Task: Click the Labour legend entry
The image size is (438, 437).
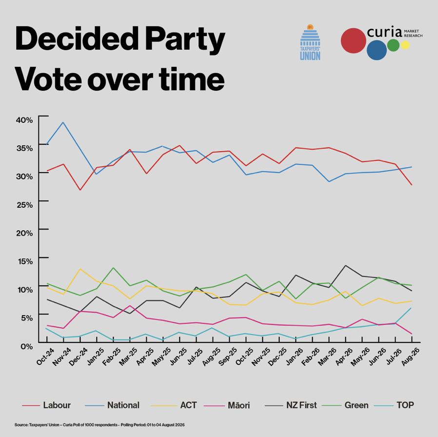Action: point(46,405)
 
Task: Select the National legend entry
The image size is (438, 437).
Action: point(112,405)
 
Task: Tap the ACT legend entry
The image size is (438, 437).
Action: point(174,405)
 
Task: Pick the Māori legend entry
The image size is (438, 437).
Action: point(227,405)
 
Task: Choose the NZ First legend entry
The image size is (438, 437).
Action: point(291,405)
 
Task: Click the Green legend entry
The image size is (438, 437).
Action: point(345,405)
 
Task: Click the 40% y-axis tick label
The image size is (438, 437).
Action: point(24,120)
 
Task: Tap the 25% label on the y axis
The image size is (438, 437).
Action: point(24,205)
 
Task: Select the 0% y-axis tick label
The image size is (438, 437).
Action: point(27,347)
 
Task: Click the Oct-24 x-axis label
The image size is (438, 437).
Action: point(45,357)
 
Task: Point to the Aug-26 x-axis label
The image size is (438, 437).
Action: point(410,357)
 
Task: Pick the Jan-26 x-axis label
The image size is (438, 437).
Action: point(295,357)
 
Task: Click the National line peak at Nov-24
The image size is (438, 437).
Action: point(63,122)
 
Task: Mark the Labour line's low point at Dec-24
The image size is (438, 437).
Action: point(80,190)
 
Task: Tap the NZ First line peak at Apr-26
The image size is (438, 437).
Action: point(345,265)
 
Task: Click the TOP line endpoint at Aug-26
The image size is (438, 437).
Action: point(412,308)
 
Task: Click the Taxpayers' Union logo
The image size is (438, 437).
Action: point(310,42)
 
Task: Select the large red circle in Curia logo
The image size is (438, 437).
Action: point(353,40)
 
